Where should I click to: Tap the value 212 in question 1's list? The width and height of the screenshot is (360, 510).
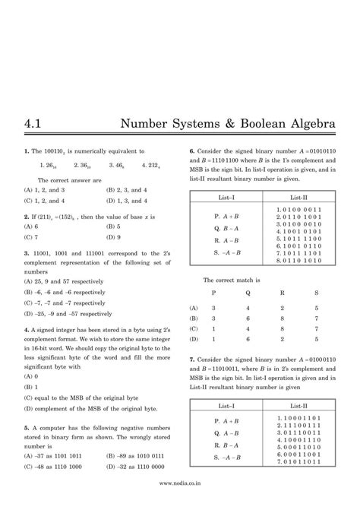point(153,163)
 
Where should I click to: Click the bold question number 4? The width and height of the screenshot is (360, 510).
point(26,330)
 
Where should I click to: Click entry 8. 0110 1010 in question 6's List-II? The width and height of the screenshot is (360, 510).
point(298,261)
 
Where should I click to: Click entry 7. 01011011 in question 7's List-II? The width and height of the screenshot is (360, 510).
point(298,462)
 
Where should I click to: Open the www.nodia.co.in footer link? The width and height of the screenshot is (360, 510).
point(180,502)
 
